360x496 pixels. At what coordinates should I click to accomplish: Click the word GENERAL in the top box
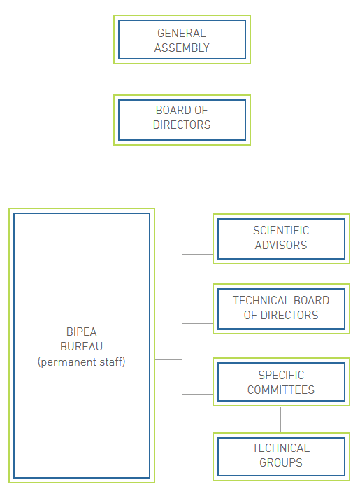click(182, 33)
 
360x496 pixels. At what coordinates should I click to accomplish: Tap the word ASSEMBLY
click(182, 48)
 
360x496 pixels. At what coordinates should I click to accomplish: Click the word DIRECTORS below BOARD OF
click(182, 125)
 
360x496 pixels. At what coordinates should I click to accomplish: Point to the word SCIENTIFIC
click(281, 230)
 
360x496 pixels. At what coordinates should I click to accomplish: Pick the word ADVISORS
click(281, 245)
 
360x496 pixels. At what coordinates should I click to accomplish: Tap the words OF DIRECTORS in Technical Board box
click(281, 315)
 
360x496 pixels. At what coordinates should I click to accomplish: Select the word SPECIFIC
click(281, 375)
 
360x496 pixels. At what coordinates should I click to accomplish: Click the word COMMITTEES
click(281, 390)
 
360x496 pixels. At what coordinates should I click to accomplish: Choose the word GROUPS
click(281, 462)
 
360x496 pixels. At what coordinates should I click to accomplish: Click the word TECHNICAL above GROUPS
click(281, 448)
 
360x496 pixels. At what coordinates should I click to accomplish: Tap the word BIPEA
click(82, 332)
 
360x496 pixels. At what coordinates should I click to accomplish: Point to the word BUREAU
click(82, 346)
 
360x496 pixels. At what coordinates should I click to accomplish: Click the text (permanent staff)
click(82, 362)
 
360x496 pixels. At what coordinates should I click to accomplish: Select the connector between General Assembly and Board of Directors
click(182, 79)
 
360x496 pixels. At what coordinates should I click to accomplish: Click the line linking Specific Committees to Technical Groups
click(281, 419)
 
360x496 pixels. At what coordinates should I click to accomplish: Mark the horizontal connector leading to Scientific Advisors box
click(198, 254)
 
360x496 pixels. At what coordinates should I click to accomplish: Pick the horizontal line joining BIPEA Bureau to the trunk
click(168, 359)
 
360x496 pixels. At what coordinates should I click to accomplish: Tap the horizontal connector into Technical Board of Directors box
click(198, 323)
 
